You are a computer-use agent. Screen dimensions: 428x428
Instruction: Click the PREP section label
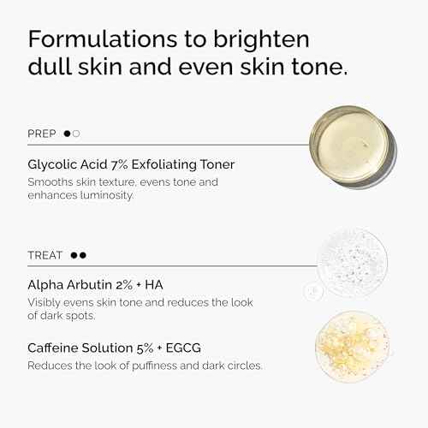click(42, 134)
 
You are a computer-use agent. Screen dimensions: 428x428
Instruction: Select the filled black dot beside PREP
click(67, 134)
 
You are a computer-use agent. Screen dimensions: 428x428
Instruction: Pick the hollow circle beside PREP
click(76, 134)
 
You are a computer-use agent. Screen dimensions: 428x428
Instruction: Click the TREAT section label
click(45, 254)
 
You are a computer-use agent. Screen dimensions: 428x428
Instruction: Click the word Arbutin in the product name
click(83, 284)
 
